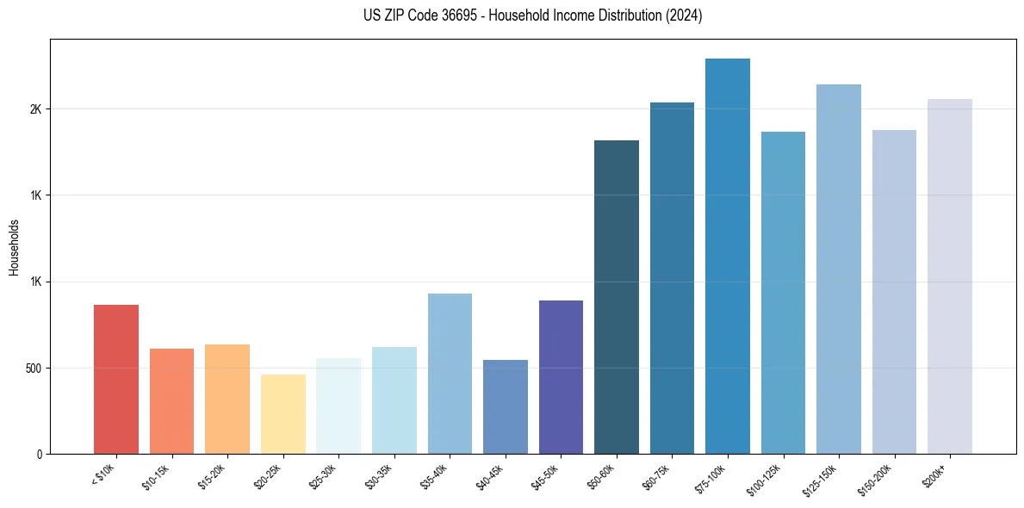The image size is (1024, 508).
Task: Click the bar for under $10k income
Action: click(116, 379)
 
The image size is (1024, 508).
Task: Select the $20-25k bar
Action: click(283, 414)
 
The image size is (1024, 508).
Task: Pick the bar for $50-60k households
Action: click(617, 297)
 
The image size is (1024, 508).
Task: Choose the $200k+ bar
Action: click(950, 276)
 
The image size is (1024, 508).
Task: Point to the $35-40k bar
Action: click(450, 374)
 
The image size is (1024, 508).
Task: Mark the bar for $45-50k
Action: click(561, 377)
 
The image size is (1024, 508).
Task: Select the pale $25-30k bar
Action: click(338, 406)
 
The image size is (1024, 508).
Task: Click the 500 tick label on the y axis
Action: click(34, 369)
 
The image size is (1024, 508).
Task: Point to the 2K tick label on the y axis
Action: click(37, 109)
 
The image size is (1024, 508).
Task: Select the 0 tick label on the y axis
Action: click(40, 454)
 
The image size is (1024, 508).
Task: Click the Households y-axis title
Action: click(14, 246)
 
